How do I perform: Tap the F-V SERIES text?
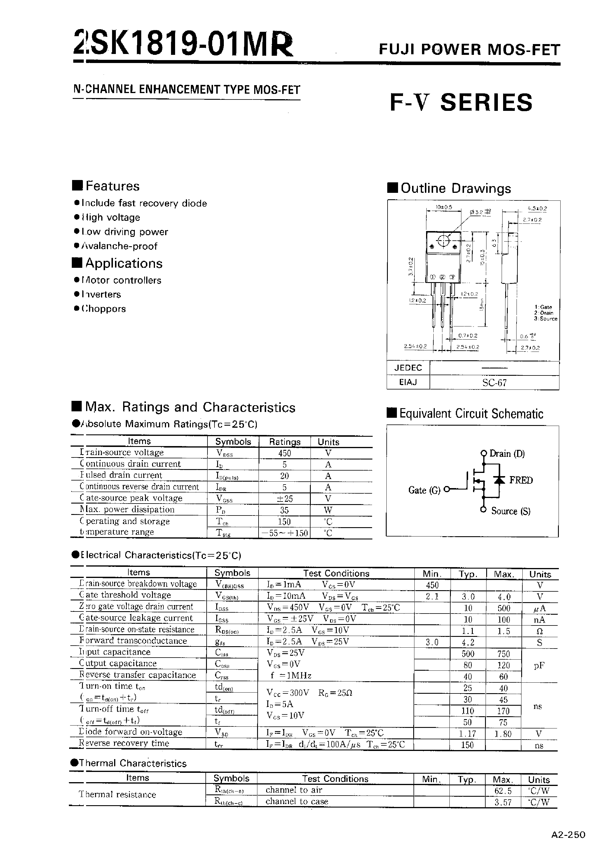pos(461,102)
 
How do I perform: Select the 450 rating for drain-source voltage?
pos(285,453)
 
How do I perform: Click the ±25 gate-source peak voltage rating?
pos(285,498)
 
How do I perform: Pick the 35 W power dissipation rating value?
pos(285,510)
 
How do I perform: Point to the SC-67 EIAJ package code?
pos(494,382)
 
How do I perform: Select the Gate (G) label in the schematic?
pos(424,490)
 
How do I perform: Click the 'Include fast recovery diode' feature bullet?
pos(144,203)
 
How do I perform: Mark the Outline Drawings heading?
pos(455,188)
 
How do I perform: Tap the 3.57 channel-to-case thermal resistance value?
pos(503,802)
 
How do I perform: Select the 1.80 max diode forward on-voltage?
pos(503,734)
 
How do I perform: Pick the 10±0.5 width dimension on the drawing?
pos(444,207)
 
